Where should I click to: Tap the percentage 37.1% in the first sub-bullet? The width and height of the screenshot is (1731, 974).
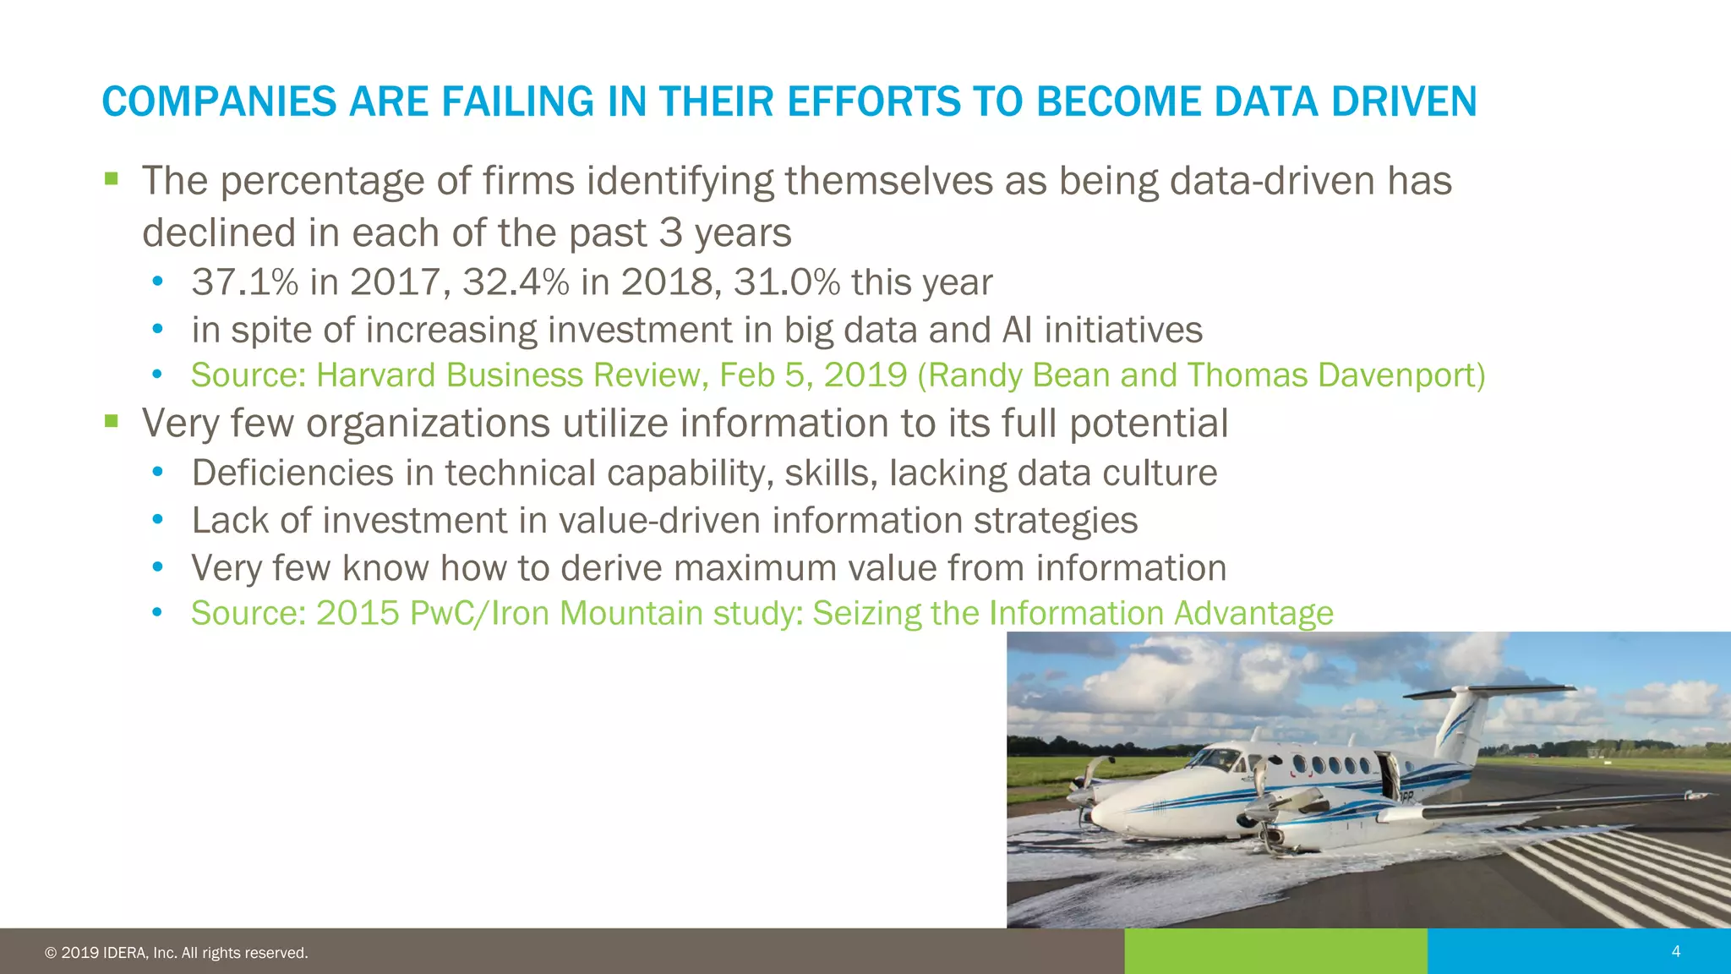245,282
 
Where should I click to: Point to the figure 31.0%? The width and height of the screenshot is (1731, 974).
786,282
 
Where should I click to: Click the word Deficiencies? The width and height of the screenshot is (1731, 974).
292,473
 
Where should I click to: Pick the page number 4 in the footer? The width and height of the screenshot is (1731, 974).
1676,951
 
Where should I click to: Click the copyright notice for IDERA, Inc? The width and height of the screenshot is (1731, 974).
176,953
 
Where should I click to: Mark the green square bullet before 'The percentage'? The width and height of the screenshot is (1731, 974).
112,178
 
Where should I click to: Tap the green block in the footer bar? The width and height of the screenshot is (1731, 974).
1275,951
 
